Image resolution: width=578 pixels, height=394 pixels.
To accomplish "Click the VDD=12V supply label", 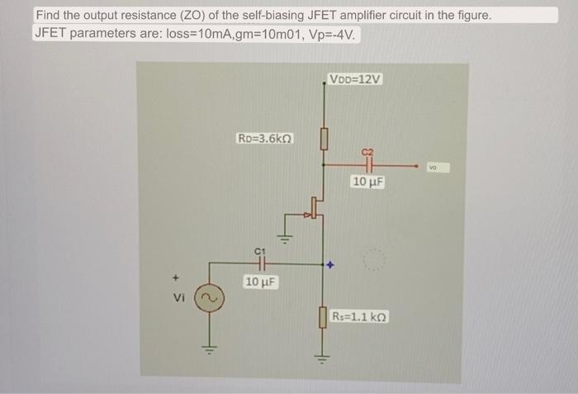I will click(x=355, y=79).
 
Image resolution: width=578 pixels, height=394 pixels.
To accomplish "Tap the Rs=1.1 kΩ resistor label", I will click(x=360, y=316).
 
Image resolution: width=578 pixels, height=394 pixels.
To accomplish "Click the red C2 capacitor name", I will click(x=368, y=151).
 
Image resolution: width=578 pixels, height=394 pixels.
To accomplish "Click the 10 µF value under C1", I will click(x=261, y=282).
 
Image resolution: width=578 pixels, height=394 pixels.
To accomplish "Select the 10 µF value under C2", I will click(x=368, y=180).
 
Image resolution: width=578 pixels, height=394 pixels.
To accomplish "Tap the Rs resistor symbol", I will click(x=324, y=316).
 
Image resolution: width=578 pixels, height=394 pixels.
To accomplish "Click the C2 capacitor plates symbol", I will click(x=368, y=165).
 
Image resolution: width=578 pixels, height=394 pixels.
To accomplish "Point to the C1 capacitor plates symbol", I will click(x=259, y=264).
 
